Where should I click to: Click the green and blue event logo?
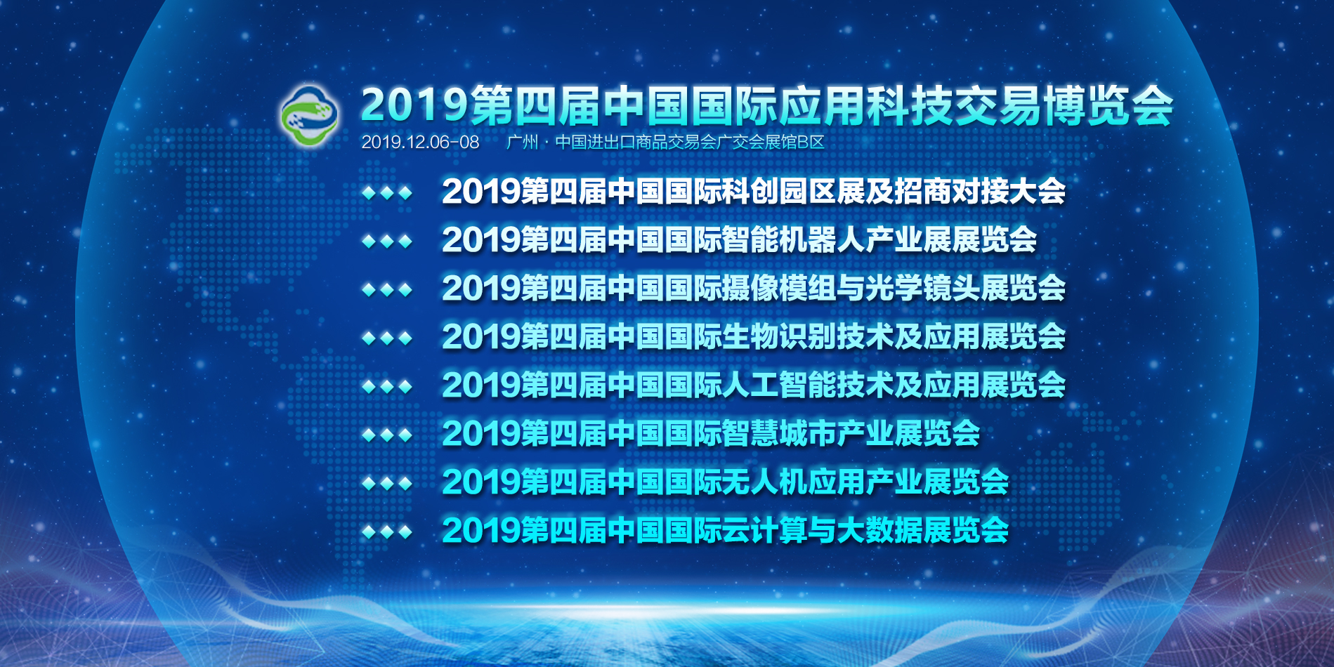pos(310,116)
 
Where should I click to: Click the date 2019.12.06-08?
pos(420,143)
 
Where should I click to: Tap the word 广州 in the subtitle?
pos(523,143)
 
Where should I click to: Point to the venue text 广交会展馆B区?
pos(771,143)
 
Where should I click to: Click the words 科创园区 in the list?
pos(779,192)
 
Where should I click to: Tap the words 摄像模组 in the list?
pos(779,289)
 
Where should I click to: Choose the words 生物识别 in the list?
pos(779,337)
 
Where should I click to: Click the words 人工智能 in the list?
pos(779,385)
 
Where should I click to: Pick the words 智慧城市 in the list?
pos(779,434)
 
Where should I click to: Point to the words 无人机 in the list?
pos(765,482)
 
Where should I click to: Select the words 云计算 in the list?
pos(765,531)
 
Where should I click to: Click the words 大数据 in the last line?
pos(879,531)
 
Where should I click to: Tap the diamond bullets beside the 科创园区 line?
pos(387,192)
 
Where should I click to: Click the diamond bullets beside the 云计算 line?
pos(387,532)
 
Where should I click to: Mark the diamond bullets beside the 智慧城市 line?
pos(387,435)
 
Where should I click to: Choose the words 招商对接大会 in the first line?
pos(980,192)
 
